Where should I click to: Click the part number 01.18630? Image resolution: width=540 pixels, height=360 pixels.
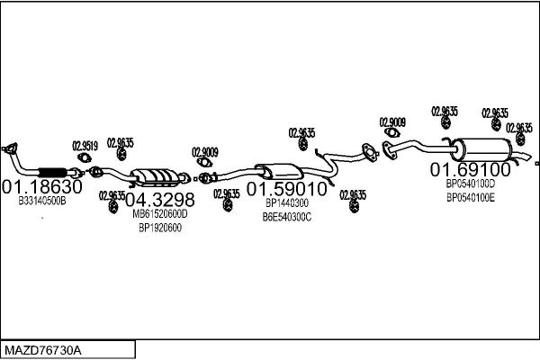[x=42, y=186]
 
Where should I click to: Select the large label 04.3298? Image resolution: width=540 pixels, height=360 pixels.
[x=160, y=200]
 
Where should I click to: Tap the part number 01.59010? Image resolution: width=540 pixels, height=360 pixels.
[x=286, y=189]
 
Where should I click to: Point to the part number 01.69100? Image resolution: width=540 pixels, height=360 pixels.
[x=471, y=169]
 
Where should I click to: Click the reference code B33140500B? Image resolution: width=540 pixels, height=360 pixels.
[x=42, y=201]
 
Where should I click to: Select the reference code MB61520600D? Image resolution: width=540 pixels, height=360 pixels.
[x=160, y=214]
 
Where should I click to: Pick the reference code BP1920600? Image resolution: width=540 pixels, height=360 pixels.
[x=160, y=228]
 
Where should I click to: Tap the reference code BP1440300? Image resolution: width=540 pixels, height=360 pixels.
[x=287, y=203]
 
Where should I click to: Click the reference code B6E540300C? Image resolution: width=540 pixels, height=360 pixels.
[x=287, y=217]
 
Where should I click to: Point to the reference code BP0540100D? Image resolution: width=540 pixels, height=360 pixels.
[x=471, y=184]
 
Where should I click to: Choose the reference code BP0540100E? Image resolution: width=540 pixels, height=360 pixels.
[x=471, y=198]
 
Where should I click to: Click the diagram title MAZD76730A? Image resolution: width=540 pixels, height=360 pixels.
[x=43, y=350]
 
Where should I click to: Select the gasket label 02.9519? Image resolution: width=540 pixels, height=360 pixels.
[x=85, y=146]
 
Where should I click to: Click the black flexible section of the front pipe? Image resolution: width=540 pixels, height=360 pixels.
[x=52, y=172]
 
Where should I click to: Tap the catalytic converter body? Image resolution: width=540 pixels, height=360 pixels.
[x=156, y=176]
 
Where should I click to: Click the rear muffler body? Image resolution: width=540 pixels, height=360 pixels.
[x=482, y=149]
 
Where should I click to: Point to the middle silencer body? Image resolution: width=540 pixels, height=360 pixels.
[x=280, y=171]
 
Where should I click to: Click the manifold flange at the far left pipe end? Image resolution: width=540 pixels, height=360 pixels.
[x=10, y=148]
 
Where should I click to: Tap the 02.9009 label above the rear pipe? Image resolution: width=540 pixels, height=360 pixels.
[x=392, y=122]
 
